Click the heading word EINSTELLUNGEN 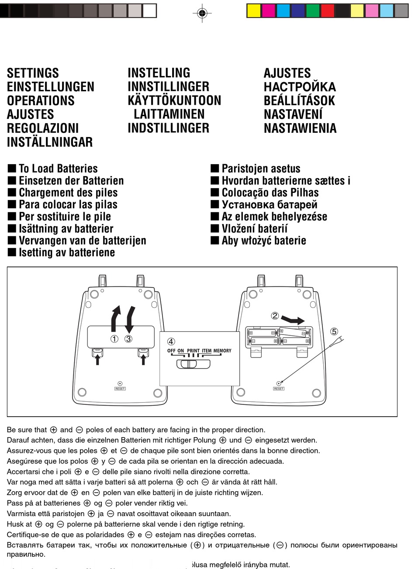50,87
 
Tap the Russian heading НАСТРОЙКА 300,87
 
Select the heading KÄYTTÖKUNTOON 174,100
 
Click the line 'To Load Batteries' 58,169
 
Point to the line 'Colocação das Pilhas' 270,193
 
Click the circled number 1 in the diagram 114,338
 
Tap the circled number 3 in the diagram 128,338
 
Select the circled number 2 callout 275,315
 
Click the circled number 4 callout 171,341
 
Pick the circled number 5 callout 334,331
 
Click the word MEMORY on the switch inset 222,351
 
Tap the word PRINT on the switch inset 193,351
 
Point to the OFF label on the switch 171,351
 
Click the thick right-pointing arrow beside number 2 293,320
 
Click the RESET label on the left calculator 120,389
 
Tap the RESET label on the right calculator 279,389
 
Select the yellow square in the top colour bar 254,10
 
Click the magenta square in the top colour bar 269,10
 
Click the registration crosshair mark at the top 202,14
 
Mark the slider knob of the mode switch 189,364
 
